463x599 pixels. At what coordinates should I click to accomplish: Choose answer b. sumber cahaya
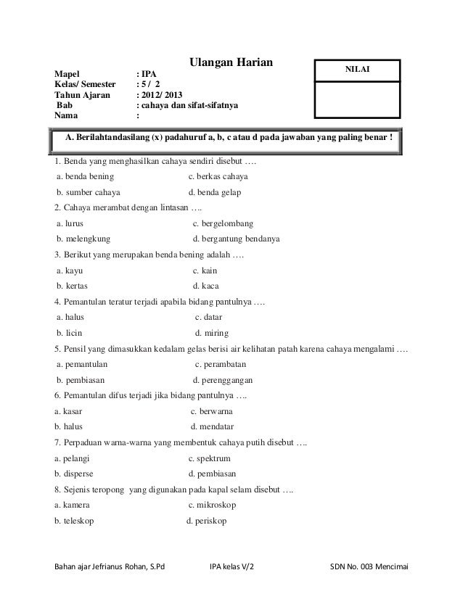(x=89, y=192)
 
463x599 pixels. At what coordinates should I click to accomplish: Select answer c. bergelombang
(x=223, y=223)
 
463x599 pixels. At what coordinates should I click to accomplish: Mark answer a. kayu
(x=70, y=270)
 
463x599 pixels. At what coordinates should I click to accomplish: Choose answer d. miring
(x=212, y=333)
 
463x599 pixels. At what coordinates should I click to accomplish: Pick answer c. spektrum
(x=209, y=458)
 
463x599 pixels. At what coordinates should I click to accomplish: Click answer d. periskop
(x=207, y=521)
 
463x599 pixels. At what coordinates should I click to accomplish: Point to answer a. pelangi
(x=71, y=458)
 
